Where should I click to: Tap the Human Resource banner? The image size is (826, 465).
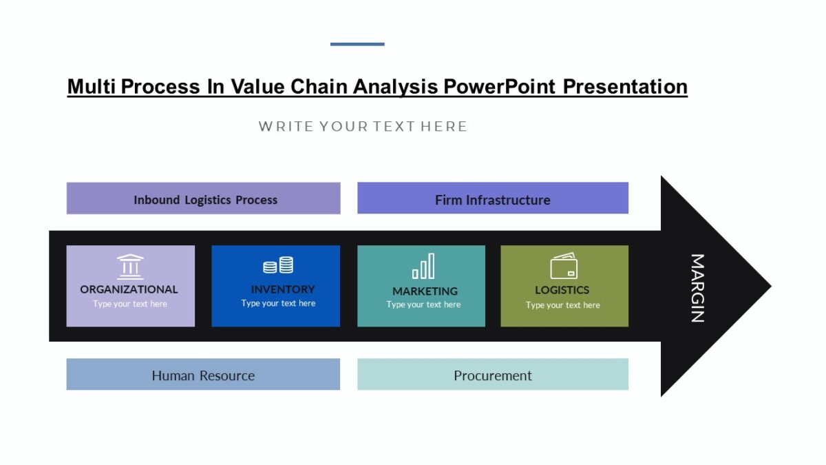[203, 375]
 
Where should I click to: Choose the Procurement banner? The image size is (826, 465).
[492, 375]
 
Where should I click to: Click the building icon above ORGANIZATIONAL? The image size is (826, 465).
[130, 267]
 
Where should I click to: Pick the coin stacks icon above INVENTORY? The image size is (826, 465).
[278, 265]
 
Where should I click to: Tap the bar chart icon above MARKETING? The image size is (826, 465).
[423, 266]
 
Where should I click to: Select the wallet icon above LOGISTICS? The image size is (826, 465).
[564, 267]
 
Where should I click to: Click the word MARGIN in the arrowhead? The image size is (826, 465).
[697, 288]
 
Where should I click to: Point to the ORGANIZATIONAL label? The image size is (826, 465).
[129, 289]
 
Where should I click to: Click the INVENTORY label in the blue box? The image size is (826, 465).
[282, 289]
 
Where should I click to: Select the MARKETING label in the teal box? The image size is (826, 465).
[425, 291]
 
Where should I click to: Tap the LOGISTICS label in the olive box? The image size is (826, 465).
[562, 290]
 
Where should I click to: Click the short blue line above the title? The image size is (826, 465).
[357, 44]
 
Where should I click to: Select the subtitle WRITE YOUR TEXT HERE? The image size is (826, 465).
[363, 126]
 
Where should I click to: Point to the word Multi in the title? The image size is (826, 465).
[92, 87]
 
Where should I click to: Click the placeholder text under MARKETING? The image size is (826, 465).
[423, 304]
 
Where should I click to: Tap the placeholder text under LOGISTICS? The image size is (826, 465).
[562, 305]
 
